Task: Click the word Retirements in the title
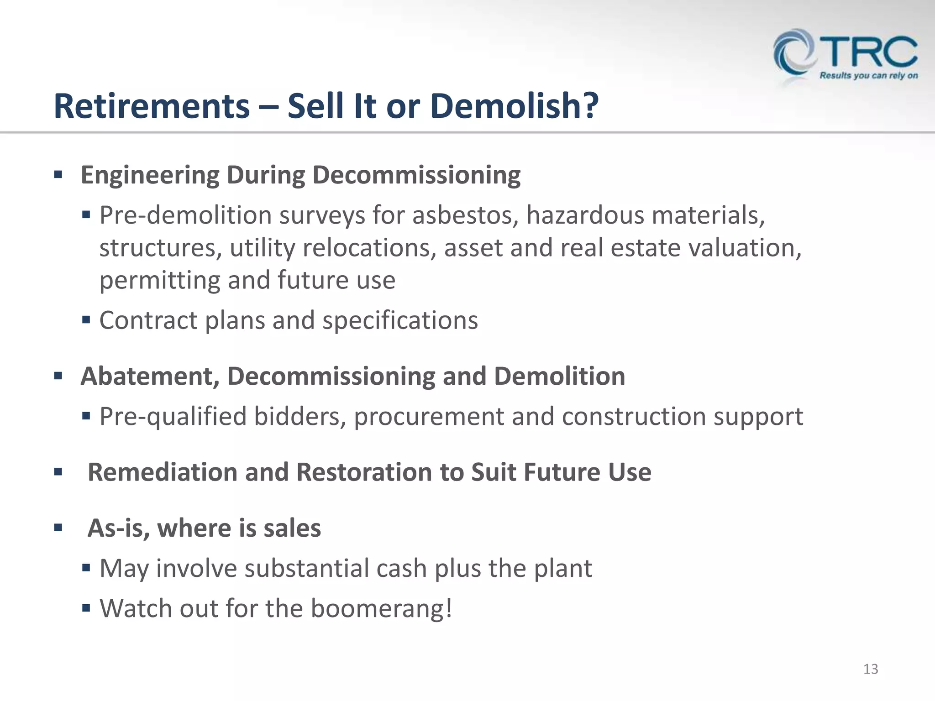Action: tap(152, 106)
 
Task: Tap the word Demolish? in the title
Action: tap(514, 106)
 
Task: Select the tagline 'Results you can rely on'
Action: tap(868, 76)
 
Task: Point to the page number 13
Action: tap(871, 669)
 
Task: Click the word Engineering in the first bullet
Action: tap(150, 176)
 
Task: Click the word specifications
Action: tap(400, 320)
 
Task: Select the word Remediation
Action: tap(163, 472)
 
